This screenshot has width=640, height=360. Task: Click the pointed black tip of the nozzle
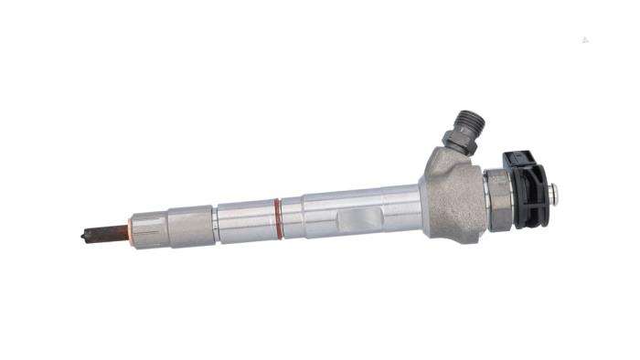(82, 234)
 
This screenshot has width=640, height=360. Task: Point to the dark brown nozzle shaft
(108, 230)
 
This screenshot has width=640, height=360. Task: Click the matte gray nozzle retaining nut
(190, 223)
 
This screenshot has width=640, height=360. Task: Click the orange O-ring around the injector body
(277, 217)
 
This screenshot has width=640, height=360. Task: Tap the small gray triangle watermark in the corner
(585, 39)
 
